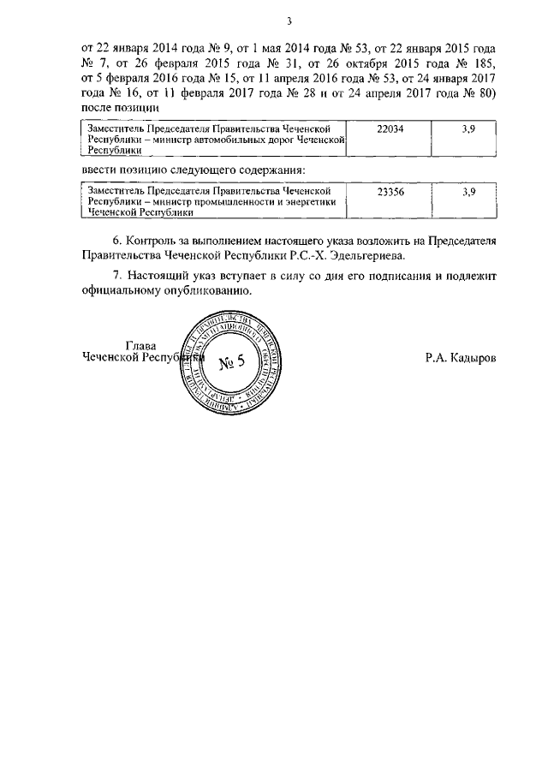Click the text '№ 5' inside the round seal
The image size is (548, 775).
(231, 363)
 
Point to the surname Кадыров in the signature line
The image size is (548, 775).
(470, 359)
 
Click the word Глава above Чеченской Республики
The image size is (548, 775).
(141, 346)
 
